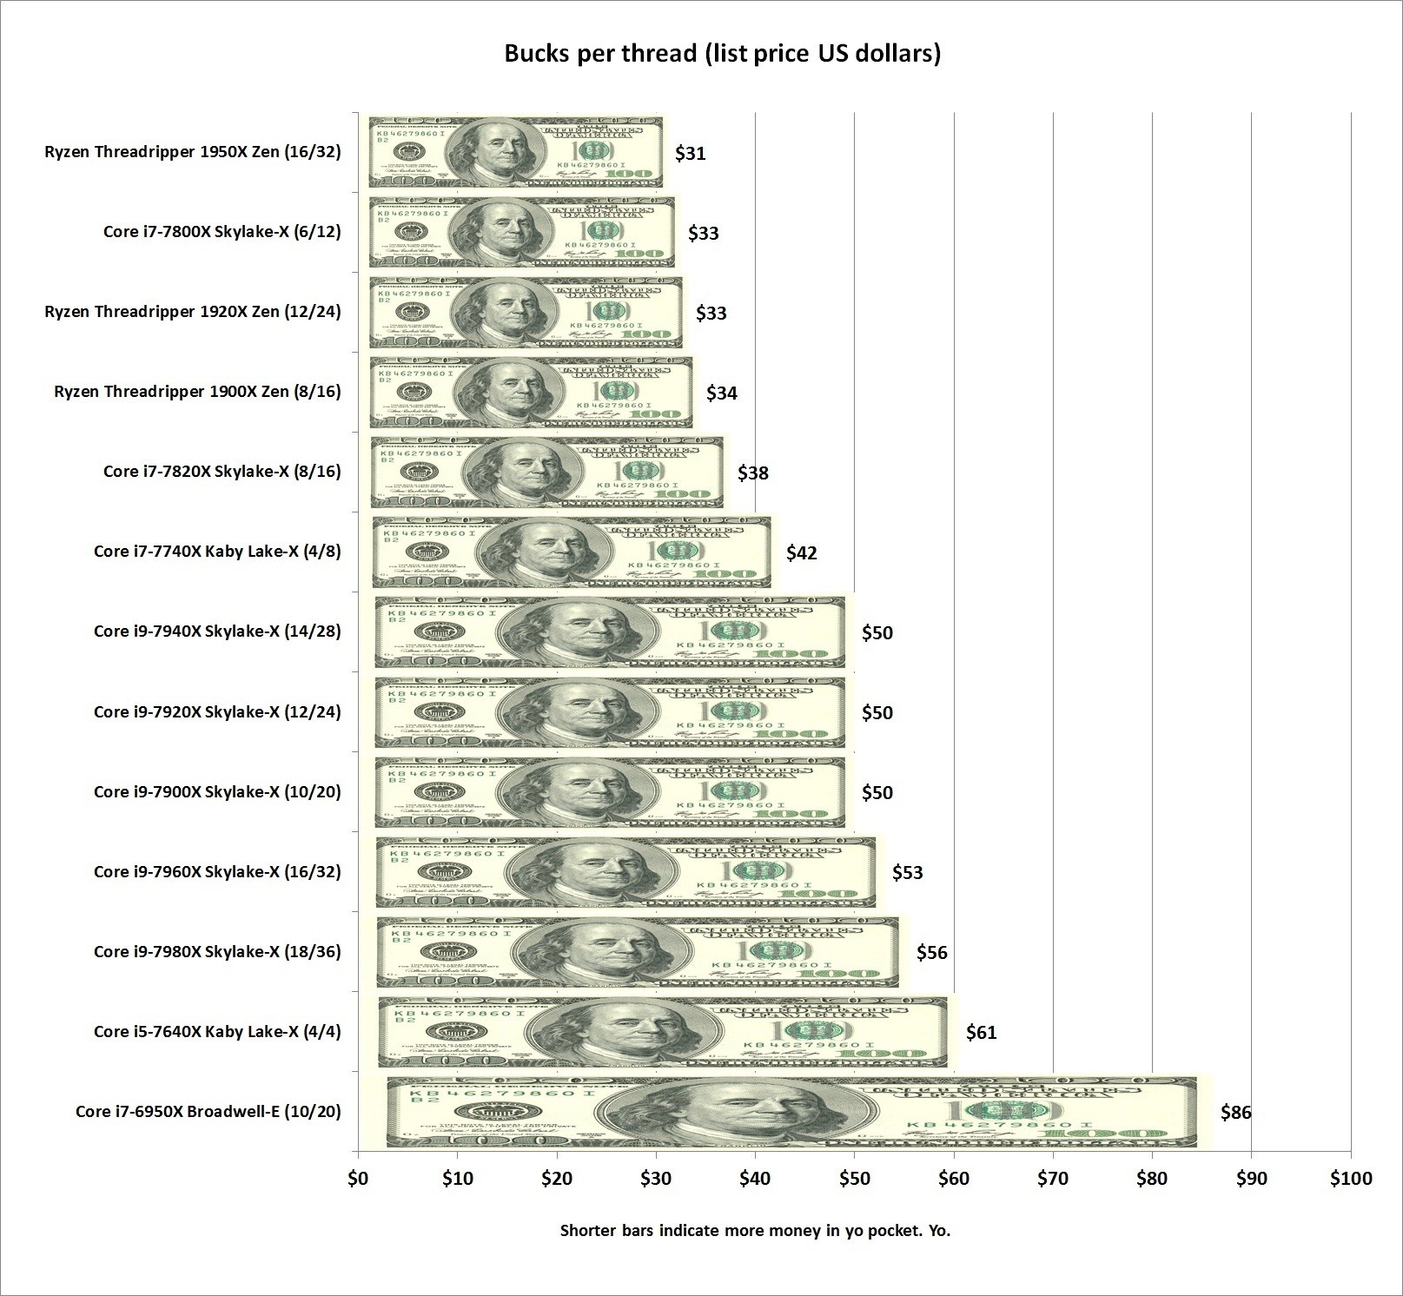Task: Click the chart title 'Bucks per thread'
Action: point(723,54)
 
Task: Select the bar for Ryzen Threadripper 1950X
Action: point(515,152)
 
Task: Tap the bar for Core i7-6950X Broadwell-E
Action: point(791,1112)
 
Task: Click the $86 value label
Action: point(1235,1112)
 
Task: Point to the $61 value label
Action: point(981,1032)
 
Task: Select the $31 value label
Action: point(691,154)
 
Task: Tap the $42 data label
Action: point(801,552)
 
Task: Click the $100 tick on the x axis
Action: point(1351,1179)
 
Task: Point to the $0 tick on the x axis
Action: point(358,1179)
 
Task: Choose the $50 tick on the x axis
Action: point(854,1179)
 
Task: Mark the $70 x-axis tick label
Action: point(1053,1179)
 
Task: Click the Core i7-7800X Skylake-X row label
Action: point(222,232)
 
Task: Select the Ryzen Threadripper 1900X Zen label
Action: point(197,392)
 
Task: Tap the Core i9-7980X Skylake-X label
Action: point(217,952)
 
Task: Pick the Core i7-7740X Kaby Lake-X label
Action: point(217,552)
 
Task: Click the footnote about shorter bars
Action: point(755,1230)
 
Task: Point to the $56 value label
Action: point(931,952)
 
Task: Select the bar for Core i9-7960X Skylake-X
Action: point(626,872)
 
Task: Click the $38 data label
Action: point(753,473)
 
